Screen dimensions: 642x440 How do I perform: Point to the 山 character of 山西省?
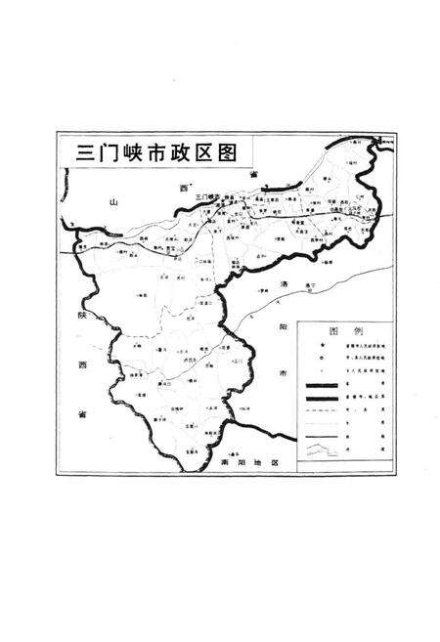[x=113, y=202]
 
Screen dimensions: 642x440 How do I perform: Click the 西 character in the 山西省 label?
[x=182, y=185]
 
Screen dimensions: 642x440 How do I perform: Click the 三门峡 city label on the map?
[x=207, y=196]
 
